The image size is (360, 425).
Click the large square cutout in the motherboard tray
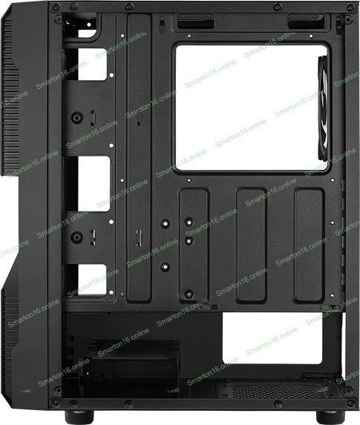click(x=251, y=108)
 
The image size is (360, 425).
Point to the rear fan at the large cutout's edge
click(x=323, y=108)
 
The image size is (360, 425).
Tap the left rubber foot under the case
click(x=79, y=417)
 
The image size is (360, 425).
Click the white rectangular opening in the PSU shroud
click(x=272, y=338)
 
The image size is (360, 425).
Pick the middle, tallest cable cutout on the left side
click(x=94, y=183)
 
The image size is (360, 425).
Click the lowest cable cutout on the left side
click(x=92, y=280)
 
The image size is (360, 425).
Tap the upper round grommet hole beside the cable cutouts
click(x=76, y=118)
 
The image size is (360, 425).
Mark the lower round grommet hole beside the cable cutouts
click(x=76, y=237)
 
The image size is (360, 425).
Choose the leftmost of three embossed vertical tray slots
click(x=194, y=246)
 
